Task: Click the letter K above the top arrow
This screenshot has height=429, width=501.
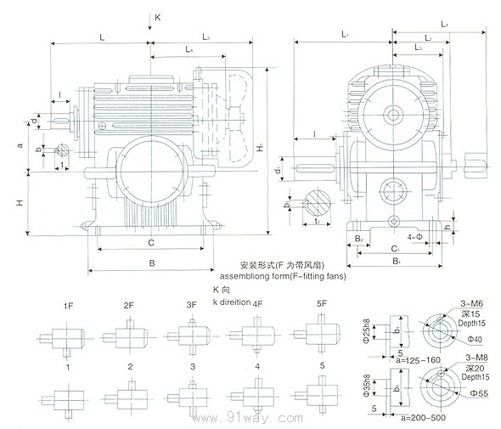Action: point(157,16)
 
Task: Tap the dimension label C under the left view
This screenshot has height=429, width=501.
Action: point(150,243)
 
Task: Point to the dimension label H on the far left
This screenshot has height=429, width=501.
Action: point(20,203)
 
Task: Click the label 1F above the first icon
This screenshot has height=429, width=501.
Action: point(67,305)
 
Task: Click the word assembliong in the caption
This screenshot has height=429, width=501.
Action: point(250,276)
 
